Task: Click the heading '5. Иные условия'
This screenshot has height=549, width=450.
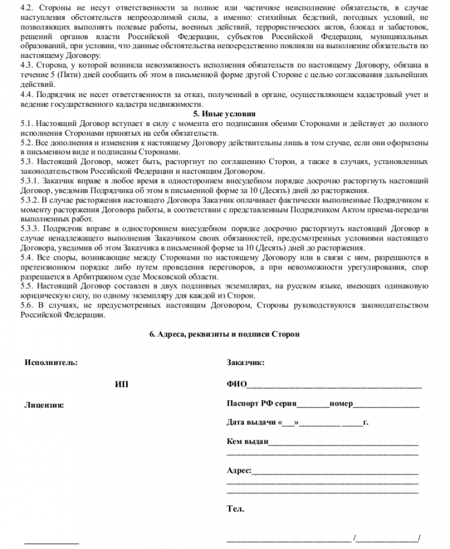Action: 224,113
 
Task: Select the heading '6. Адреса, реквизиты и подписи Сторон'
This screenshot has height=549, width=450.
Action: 224,334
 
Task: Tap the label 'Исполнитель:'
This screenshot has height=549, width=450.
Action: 51,363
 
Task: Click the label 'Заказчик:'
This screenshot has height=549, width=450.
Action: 246,363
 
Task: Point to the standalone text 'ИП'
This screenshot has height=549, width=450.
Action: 122,384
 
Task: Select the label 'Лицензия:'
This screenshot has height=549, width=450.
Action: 44,405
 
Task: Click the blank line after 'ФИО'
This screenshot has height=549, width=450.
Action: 334,387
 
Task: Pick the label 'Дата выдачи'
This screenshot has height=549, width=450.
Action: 251,423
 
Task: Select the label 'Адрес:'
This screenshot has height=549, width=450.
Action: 239,471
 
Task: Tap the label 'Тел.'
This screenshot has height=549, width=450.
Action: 235,509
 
